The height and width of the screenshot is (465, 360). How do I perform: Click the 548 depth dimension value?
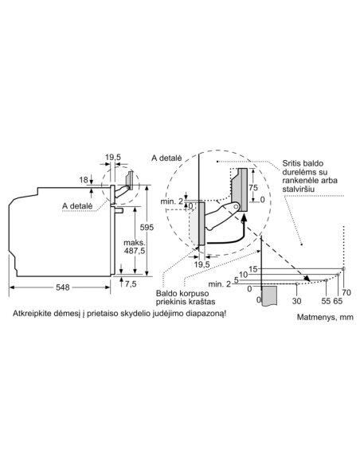point(63,287)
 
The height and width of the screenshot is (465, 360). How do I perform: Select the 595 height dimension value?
point(147,227)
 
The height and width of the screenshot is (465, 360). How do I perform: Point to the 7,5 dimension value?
point(131,284)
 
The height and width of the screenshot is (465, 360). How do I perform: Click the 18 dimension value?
point(84,180)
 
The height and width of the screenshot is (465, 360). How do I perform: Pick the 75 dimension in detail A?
point(253,187)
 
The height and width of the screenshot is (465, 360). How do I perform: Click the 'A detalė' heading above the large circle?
point(166,158)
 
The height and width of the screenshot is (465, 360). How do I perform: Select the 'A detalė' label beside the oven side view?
point(77,205)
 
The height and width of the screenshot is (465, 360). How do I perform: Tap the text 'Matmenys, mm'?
point(325,317)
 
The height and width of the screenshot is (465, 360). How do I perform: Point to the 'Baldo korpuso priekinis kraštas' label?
point(186,298)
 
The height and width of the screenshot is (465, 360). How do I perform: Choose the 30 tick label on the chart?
point(296,301)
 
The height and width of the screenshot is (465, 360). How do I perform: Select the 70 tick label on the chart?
point(346,292)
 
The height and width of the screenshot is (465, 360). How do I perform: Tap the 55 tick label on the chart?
point(326,301)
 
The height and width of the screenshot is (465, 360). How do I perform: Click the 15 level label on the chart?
point(253,269)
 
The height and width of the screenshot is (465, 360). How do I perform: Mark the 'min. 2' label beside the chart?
point(220,284)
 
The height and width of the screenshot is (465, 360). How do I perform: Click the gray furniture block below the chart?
point(269,295)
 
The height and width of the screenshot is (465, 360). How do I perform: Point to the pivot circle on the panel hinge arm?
point(236,205)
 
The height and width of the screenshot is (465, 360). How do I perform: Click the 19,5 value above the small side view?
point(113,157)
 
